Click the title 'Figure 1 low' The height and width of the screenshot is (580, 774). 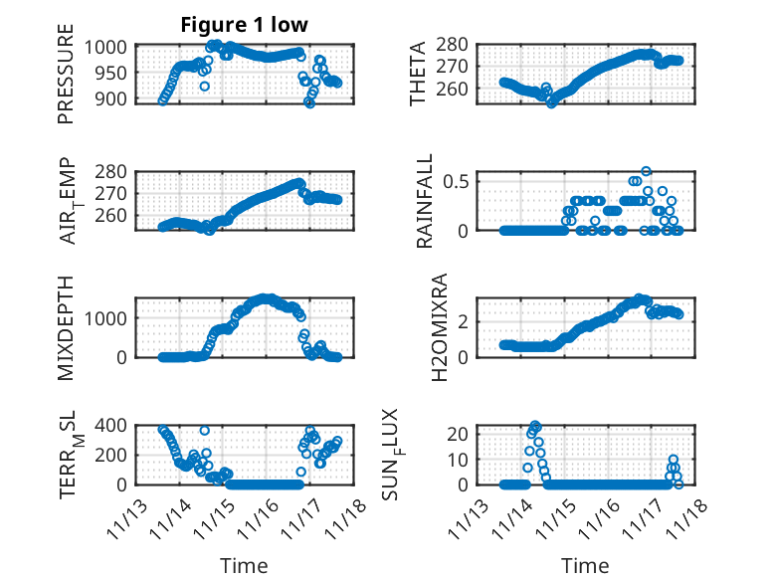[x=244, y=25]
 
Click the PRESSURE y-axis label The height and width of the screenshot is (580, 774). [x=66, y=81]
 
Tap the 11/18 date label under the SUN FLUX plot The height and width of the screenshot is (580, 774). [x=690, y=517]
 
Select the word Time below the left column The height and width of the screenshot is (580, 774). [x=244, y=566]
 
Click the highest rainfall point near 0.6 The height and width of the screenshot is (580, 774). [x=646, y=172]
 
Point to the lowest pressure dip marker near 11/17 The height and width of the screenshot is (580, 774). [x=309, y=102]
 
